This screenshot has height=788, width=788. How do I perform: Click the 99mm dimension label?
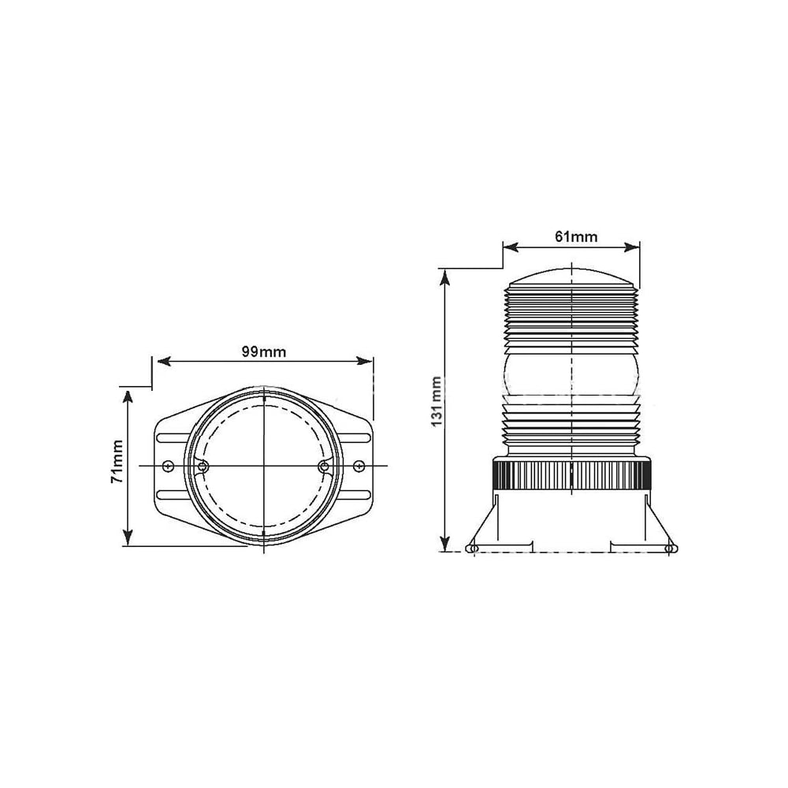[264, 351]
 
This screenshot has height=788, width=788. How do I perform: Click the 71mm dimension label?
[117, 461]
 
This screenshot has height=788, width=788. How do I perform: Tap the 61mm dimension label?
[576, 236]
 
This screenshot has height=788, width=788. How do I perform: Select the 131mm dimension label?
[437, 401]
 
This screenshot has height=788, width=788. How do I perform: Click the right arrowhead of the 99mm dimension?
[364, 361]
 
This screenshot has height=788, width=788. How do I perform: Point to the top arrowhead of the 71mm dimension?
[128, 397]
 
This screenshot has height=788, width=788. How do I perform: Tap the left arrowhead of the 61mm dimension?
[511, 247]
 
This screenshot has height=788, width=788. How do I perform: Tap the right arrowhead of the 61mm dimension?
[632, 247]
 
